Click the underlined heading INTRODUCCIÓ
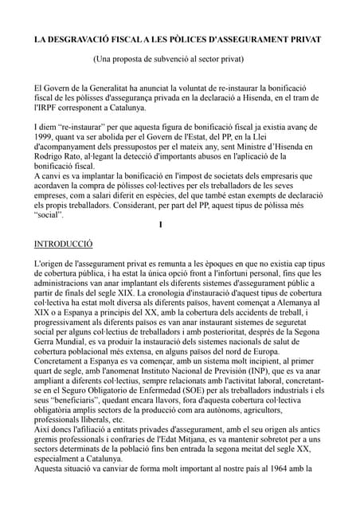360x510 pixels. tap(64, 244)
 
